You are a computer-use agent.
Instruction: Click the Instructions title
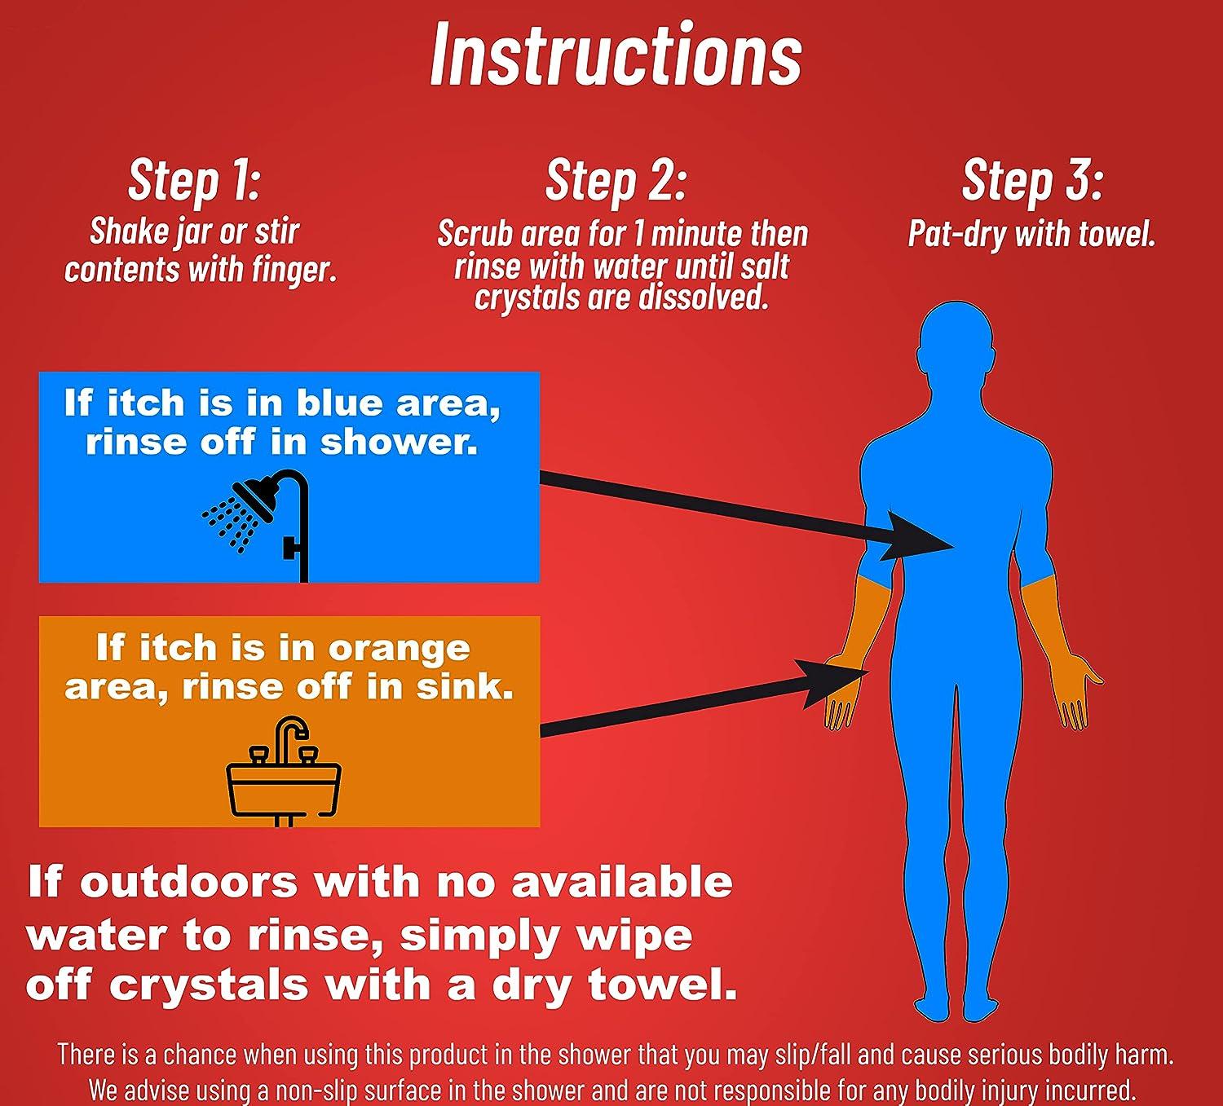click(x=616, y=55)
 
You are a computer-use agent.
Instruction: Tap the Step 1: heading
click(x=194, y=180)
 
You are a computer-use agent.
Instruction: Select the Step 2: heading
click(x=616, y=180)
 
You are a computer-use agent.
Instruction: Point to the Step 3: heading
click(x=1032, y=180)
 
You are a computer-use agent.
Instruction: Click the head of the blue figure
click(x=955, y=341)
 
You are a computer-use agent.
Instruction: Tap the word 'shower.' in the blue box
click(x=400, y=442)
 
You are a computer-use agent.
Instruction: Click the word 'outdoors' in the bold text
click(x=189, y=883)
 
